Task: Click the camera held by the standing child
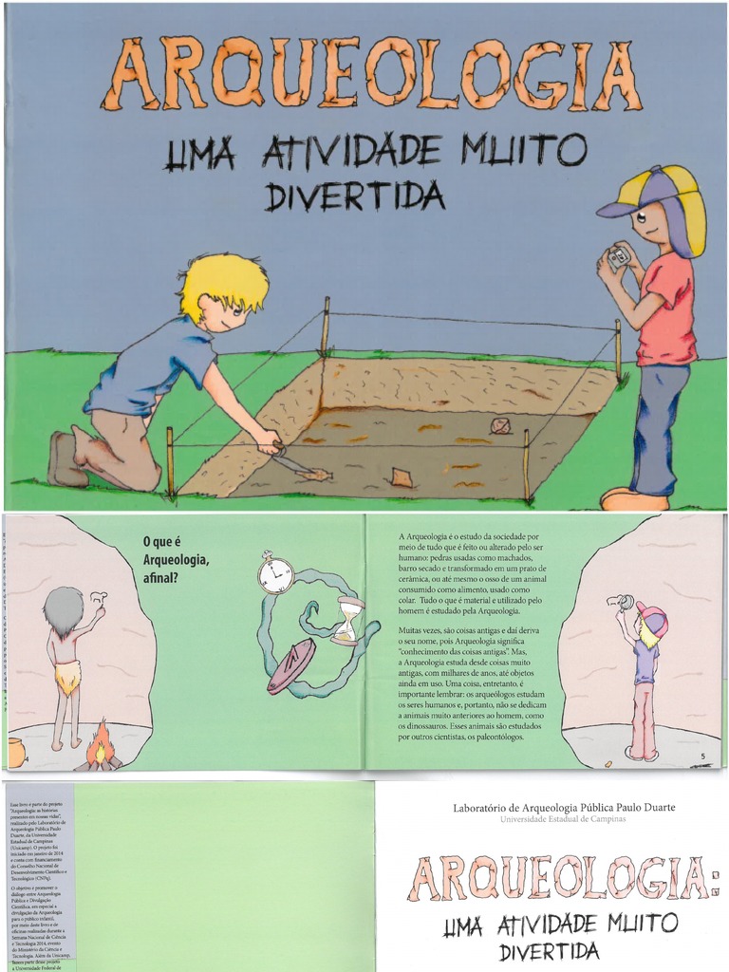tap(619, 257)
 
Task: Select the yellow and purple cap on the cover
tap(655, 195)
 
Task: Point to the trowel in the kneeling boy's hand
tap(302, 464)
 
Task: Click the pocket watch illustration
tap(275, 575)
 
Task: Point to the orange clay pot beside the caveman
tap(15, 752)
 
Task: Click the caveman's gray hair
tap(64, 610)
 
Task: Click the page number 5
tap(703, 756)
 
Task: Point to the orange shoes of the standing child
tap(633, 498)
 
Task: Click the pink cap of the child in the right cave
tap(653, 618)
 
